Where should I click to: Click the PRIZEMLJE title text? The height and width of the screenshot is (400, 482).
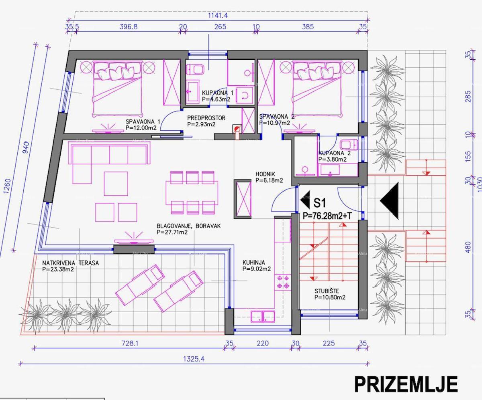coord(405,384)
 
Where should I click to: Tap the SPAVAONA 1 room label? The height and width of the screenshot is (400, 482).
coord(143,121)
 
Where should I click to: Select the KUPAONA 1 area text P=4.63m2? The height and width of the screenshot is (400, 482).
coord(216,99)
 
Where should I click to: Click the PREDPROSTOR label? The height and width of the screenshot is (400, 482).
coord(206,118)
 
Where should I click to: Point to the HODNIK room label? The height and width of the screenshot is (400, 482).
coord(266,174)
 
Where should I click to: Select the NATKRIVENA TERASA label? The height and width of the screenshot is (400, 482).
coord(70,263)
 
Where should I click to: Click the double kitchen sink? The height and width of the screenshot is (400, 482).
coord(263,316)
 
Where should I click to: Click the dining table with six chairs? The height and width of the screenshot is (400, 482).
coord(192,192)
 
